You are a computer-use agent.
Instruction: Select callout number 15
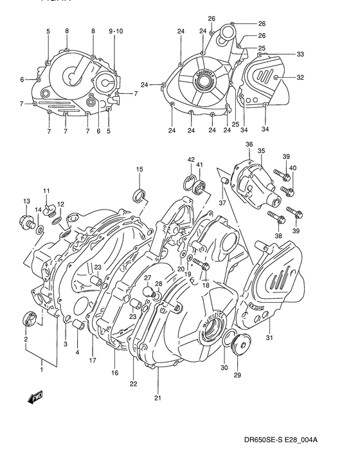pos(139,169)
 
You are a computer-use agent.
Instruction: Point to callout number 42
pos(191,159)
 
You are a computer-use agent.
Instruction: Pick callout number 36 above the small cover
pos(249,145)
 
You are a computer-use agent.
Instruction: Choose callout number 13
pos(26,202)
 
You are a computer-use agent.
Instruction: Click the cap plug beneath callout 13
pos(27,223)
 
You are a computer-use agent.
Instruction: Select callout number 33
pos(300,54)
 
